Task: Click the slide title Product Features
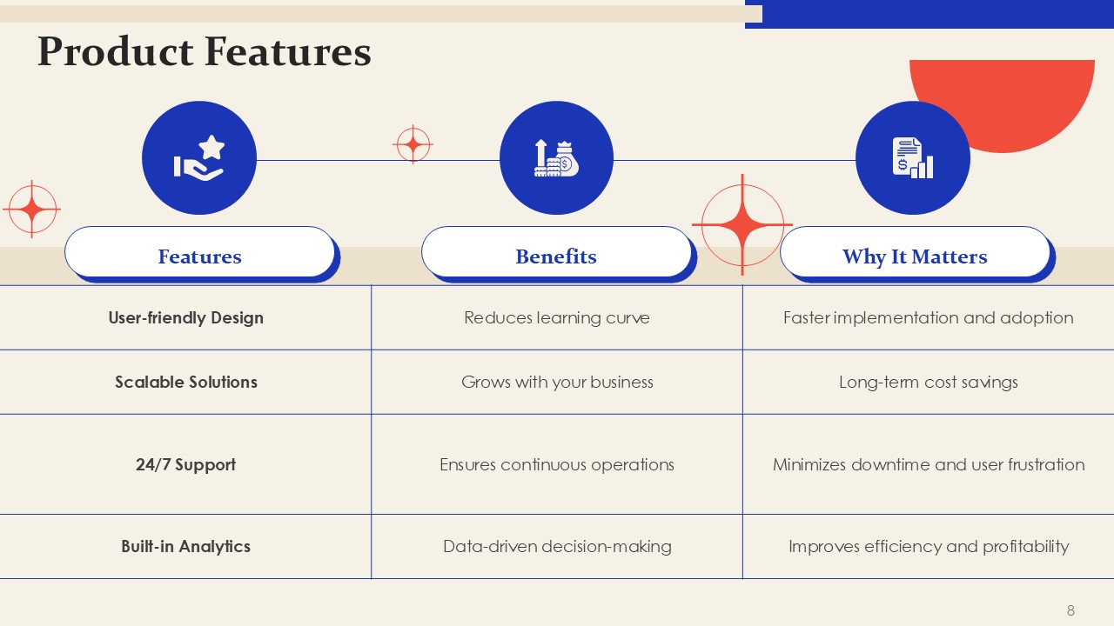point(205,51)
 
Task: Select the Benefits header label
point(556,256)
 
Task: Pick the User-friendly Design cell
point(186,317)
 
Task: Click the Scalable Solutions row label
point(186,382)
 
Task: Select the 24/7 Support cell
point(186,464)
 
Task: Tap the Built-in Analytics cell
point(186,546)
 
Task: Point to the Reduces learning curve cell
point(557,317)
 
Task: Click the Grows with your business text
point(557,382)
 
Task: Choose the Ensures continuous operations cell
point(557,464)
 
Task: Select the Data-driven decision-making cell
point(557,547)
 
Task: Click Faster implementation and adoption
point(929,317)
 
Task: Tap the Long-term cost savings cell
point(929,382)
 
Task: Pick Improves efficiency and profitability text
point(929,547)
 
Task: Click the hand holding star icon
point(199,158)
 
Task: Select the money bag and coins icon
point(556,158)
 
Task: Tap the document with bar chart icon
point(913,158)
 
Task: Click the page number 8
point(1070,610)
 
